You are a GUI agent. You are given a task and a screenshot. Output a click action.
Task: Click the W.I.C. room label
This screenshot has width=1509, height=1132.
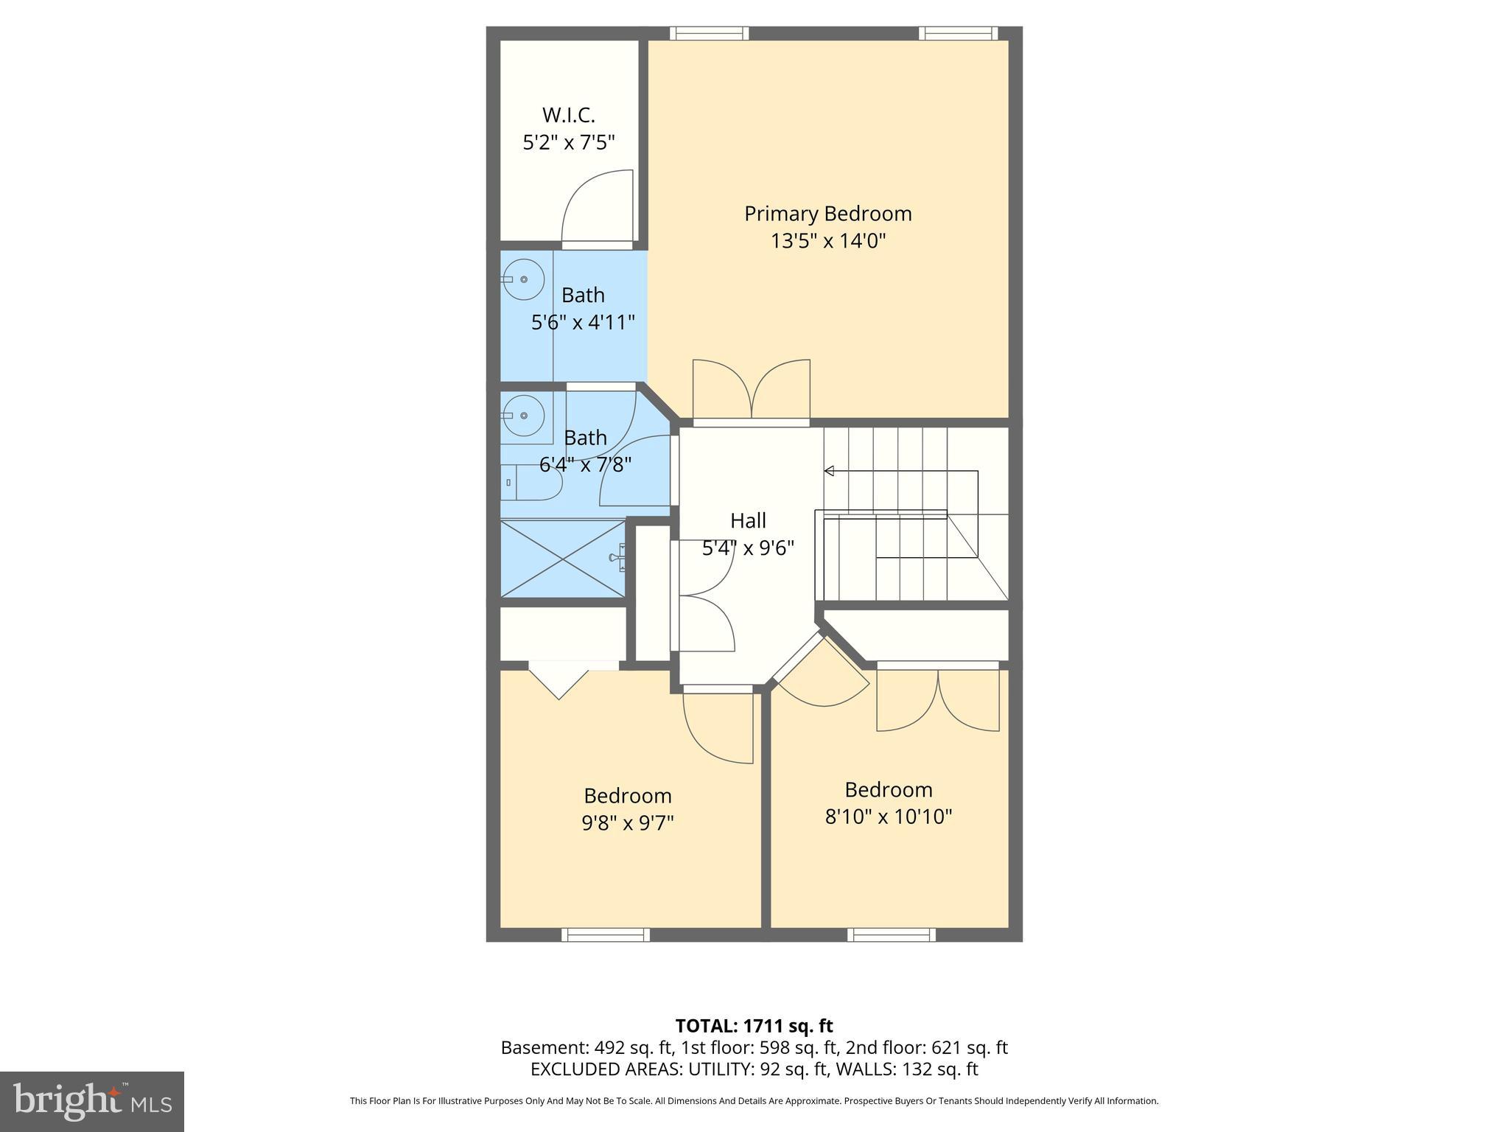click(x=568, y=116)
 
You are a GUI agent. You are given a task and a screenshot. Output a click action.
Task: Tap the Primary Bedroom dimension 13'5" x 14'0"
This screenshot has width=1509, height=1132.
click(x=827, y=241)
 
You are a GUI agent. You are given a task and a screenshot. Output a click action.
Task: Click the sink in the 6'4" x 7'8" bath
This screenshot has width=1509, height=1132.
click(x=524, y=416)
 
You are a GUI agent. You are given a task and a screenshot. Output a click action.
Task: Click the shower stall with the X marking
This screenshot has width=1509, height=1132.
click(x=563, y=559)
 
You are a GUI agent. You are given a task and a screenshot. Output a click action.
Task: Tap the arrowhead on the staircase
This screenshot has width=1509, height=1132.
click(x=829, y=471)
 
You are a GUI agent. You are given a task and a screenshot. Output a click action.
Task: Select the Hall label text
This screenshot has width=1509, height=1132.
click(x=748, y=521)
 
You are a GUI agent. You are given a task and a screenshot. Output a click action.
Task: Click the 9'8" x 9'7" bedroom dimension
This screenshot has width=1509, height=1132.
click(x=628, y=822)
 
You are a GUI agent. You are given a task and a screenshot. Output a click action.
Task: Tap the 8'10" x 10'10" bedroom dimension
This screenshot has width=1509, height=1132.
click(x=889, y=817)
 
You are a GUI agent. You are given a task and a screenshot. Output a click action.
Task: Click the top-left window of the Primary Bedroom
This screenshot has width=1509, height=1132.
click(x=709, y=33)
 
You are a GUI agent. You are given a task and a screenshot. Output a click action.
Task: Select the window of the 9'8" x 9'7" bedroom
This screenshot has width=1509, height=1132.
click(x=606, y=934)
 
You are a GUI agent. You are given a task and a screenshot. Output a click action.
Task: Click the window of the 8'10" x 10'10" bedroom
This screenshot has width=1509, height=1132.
click(x=891, y=934)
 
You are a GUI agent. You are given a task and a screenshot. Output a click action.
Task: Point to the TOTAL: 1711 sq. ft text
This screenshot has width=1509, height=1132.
click(x=754, y=1026)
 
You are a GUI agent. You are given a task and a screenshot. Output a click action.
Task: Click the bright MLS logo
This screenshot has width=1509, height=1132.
click(x=91, y=1101)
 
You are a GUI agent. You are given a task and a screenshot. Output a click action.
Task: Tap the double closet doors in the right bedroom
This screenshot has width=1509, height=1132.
click(x=937, y=700)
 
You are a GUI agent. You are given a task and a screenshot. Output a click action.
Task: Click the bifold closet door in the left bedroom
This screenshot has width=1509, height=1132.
click(x=559, y=682)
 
